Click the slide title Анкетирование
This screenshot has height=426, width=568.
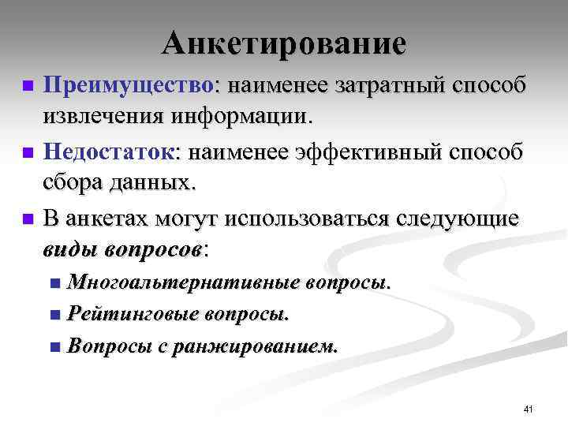click(284, 43)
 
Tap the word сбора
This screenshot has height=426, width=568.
click(74, 184)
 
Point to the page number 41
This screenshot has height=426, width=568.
click(528, 409)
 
